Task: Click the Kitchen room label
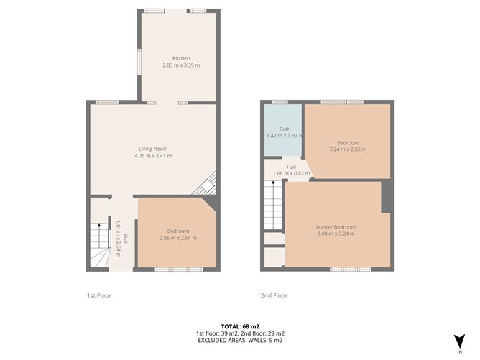point(180,57)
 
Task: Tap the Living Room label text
point(153,149)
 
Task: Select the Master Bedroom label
point(336,227)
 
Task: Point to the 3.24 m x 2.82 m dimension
point(348,149)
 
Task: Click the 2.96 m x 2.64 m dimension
point(177,238)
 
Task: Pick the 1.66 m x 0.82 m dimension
point(291,173)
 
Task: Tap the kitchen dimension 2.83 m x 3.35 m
point(180,65)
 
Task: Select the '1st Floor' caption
point(99,295)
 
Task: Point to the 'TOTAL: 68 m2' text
point(240,326)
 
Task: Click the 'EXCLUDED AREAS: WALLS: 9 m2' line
point(240,341)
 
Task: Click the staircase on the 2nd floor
point(273,205)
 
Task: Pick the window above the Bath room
point(280,102)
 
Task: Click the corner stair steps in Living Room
point(207,183)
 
